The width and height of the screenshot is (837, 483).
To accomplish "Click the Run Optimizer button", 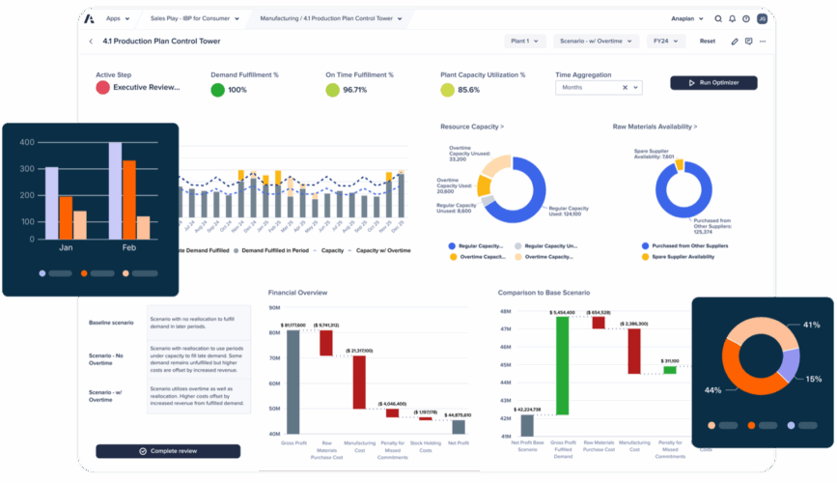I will coord(713,83).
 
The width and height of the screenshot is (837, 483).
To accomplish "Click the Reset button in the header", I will coord(708,42).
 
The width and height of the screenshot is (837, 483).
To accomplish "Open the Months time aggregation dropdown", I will coord(598,87).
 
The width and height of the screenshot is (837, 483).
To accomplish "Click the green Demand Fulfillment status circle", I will coord(218,90).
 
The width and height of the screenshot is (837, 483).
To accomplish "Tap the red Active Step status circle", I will coord(102,88).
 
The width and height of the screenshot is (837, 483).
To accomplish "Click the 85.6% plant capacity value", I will coord(468,90).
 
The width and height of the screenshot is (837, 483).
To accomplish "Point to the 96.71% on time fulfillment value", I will coord(354,90).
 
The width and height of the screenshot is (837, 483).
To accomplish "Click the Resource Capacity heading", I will coord(472,127).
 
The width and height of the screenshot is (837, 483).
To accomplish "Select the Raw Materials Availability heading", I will coord(655,127).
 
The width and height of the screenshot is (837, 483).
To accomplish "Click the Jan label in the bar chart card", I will coord(67,248).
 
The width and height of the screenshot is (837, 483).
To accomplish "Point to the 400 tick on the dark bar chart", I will coord(27,143).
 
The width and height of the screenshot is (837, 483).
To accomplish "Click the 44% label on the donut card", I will coord(713,390).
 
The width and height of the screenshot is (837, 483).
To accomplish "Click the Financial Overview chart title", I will coord(297,292).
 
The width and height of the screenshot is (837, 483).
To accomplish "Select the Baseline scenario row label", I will coord(111,322).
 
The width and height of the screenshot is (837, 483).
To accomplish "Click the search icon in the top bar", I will coord(717,18).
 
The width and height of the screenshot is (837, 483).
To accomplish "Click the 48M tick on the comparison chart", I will coord(504,312).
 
